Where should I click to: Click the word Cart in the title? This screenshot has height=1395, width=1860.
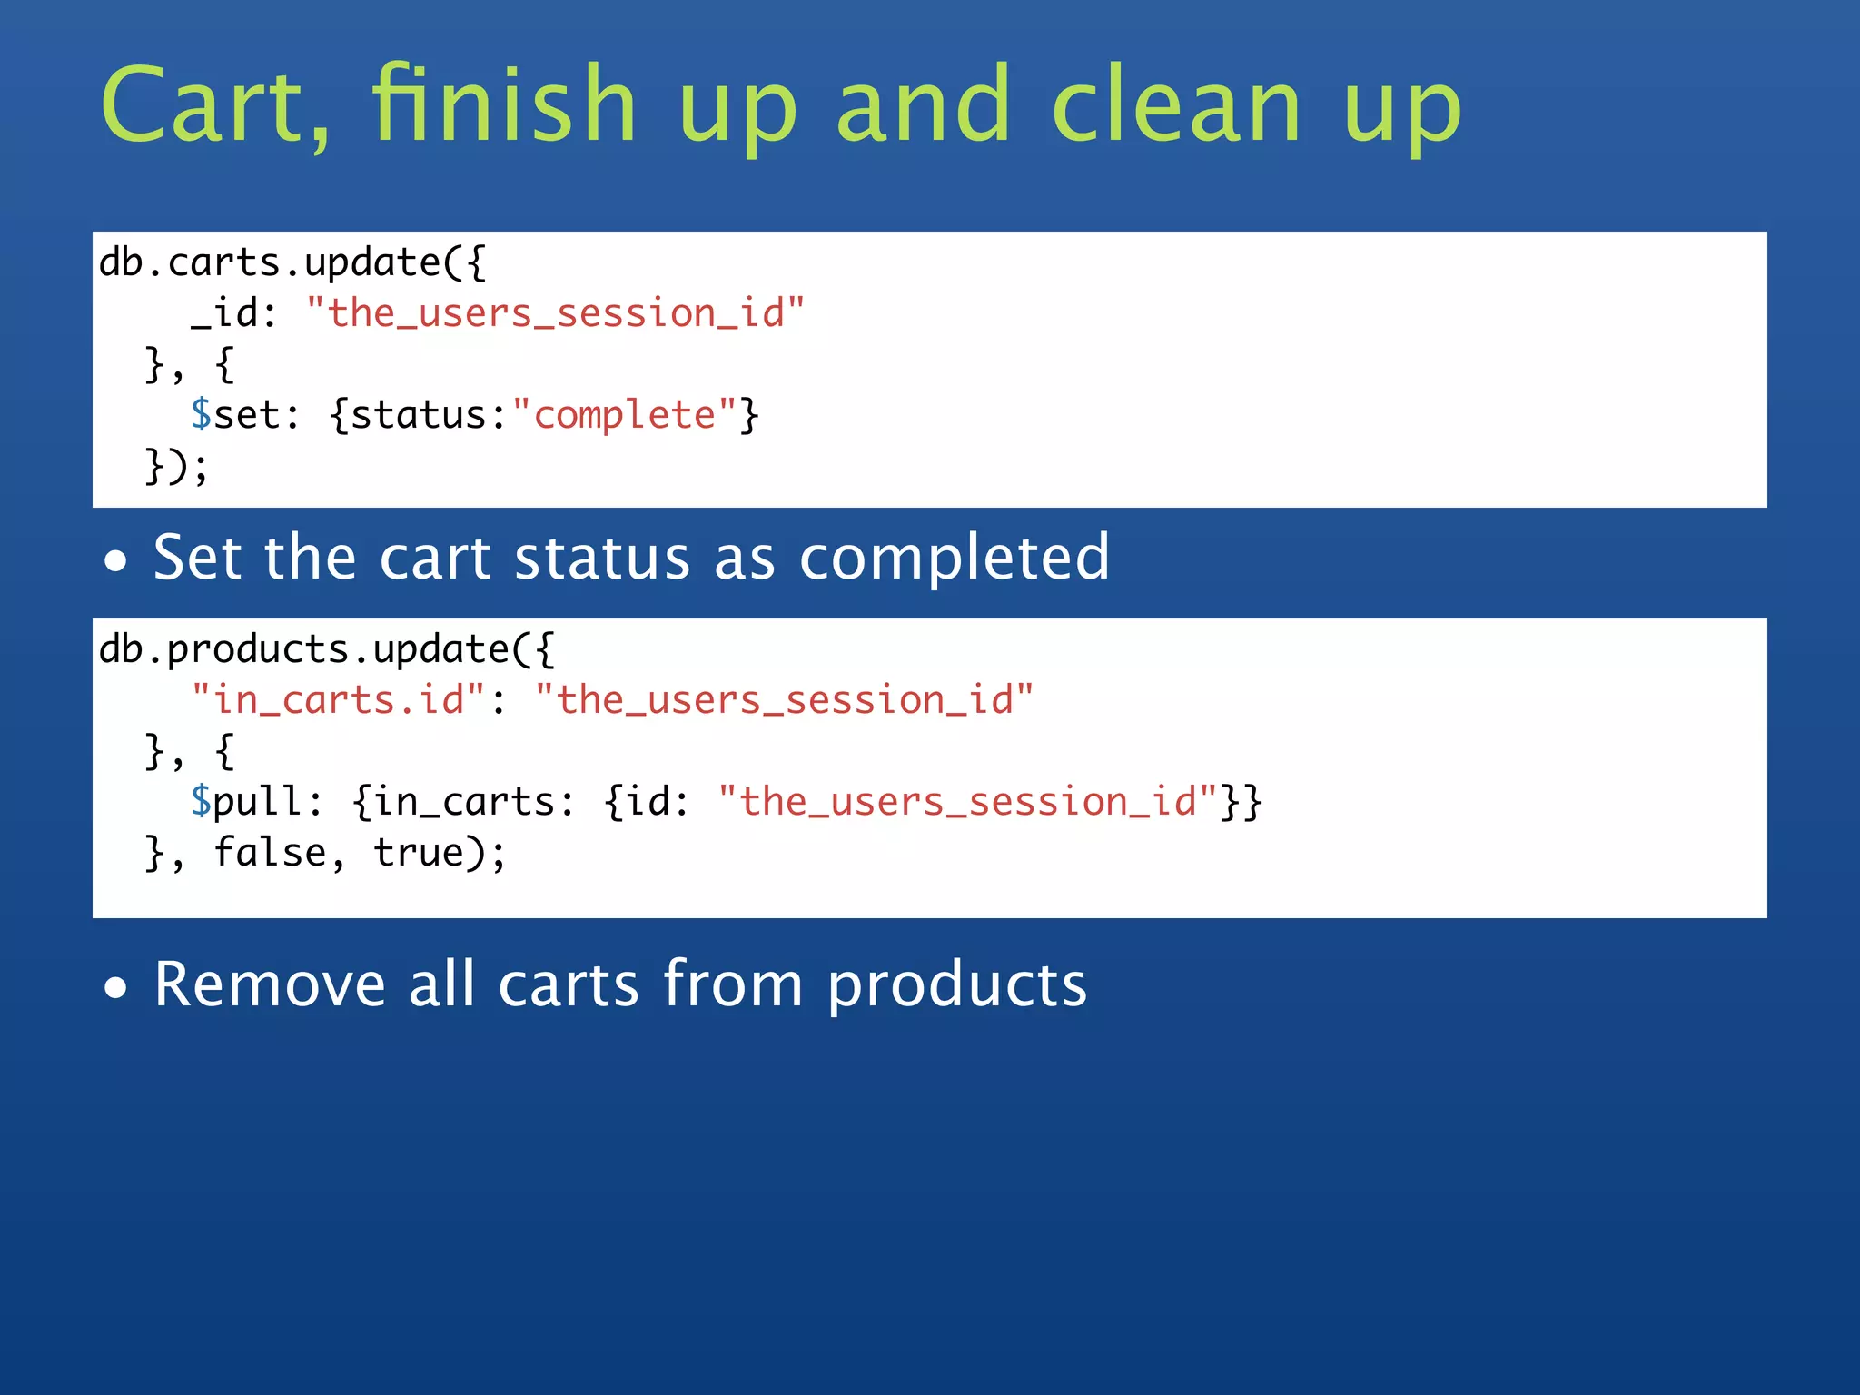coord(214,106)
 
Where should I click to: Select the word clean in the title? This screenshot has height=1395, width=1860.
coord(1176,106)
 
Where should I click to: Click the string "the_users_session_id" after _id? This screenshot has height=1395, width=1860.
coord(555,313)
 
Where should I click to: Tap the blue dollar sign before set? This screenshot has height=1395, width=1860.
coord(201,415)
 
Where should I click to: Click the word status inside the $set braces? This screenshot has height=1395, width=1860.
coord(419,415)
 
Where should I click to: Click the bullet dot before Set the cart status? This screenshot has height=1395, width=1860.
coord(115,561)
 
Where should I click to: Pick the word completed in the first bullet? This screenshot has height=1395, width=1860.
coord(954,558)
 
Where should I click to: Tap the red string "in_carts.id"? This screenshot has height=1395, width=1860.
coord(338,700)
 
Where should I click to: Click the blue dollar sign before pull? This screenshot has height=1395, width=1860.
coord(201,802)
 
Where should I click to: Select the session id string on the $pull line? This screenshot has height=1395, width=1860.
coord(967,802)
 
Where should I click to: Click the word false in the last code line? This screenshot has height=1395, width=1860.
coord(270,853)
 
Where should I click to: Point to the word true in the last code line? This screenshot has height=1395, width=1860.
coord(419,853)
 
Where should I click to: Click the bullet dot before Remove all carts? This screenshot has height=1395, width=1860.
coord(115,988)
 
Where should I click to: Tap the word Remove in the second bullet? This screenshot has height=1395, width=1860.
coord(270,984)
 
